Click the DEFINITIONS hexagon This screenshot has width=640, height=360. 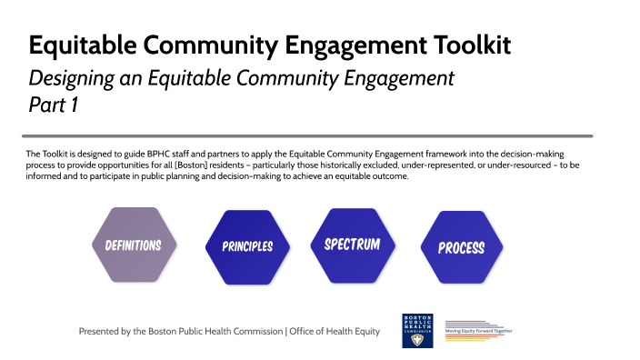click(133, 245)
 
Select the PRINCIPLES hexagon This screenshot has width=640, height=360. click(247, 246)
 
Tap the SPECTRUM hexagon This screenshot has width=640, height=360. click(352, 245)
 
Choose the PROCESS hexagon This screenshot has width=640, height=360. click(461, 247)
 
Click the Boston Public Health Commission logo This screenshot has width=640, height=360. click(417, 331)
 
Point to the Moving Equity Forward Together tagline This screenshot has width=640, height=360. click(478, 331)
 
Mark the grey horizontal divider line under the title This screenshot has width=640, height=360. click(309, 135)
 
